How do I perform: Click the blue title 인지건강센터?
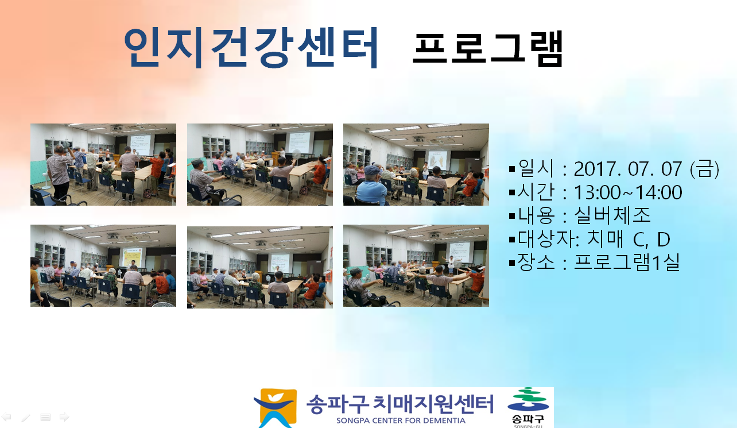251,48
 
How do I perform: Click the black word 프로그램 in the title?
488,49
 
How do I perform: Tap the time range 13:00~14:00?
628,192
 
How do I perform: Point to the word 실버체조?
612,215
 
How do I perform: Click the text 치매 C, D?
629,239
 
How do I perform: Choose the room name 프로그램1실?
627,263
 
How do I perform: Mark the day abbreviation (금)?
705,169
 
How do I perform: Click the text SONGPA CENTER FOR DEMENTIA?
401,421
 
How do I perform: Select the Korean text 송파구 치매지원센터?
399,404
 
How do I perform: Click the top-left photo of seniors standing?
103,165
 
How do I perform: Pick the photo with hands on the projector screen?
416,165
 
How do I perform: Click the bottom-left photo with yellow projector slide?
103,265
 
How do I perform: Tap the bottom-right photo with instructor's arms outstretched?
416,265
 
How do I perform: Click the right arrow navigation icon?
64,417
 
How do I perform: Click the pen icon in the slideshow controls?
26,418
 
